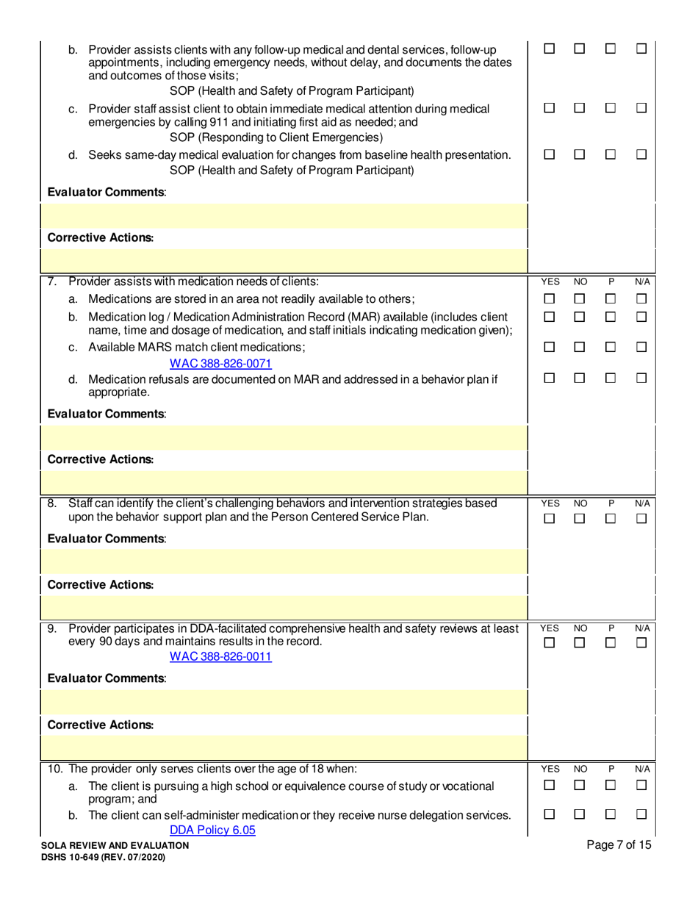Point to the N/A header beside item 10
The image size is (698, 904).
(643, 769)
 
